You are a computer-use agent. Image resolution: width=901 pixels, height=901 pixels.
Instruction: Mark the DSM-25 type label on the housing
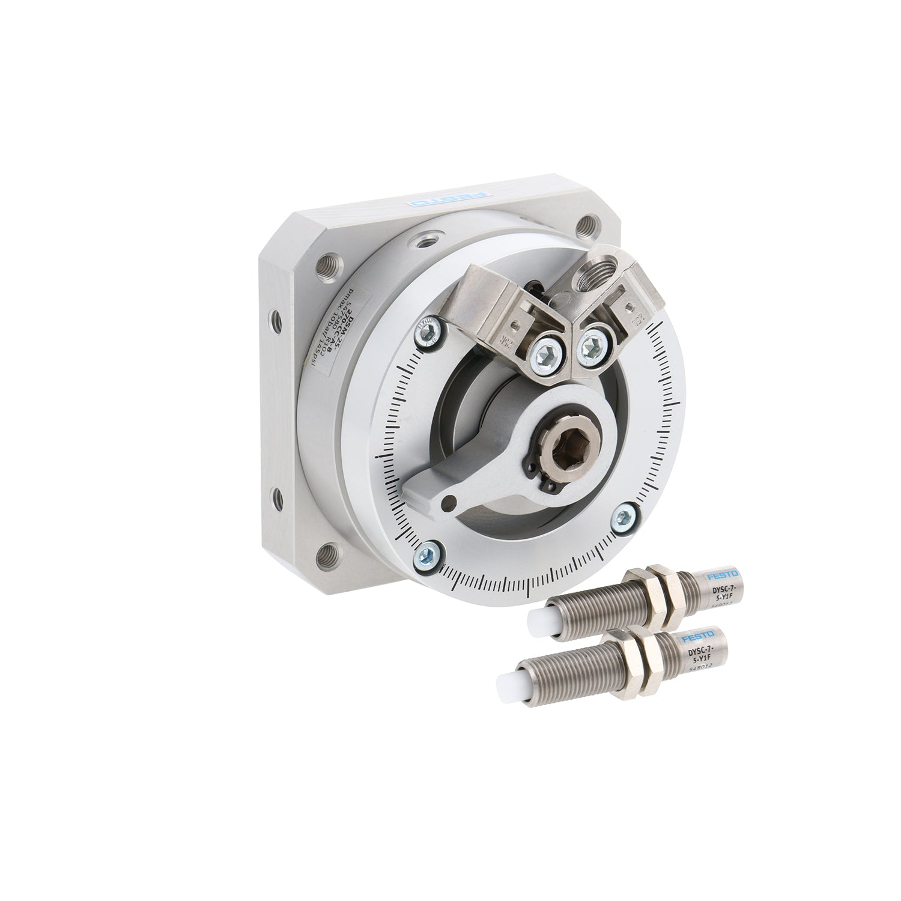pos(338,337)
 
